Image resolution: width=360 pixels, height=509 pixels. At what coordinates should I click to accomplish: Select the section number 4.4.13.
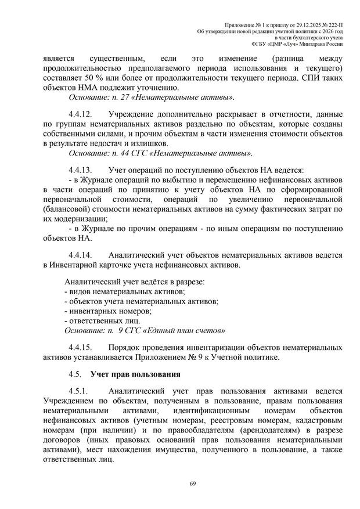point(82,171)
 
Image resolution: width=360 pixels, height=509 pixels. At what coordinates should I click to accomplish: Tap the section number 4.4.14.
point(82,254)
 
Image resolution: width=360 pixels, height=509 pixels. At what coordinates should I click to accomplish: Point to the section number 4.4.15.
point(82,346)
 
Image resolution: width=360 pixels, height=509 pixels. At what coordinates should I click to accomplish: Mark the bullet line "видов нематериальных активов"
point(124,291)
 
